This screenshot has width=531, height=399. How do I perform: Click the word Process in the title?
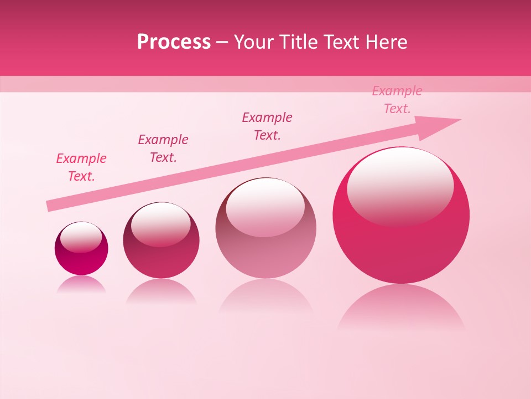(x=174, y=42)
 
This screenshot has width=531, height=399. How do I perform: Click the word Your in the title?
(x=252, y=42)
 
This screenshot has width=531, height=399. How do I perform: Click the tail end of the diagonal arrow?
(x=50, y=206)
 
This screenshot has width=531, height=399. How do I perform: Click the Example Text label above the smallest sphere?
(x=81, y=167)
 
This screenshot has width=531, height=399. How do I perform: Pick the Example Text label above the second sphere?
(x=163, y=149)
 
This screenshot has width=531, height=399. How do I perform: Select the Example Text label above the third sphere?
(x=267, y=126)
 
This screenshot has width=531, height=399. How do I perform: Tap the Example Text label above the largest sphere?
(x=397, y=100)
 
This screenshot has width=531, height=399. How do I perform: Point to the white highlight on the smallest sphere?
(x=81, y=237)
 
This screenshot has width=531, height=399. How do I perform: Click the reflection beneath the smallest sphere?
(x=81, y=284)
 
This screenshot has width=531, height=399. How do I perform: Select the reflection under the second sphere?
(x=161, y=291)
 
